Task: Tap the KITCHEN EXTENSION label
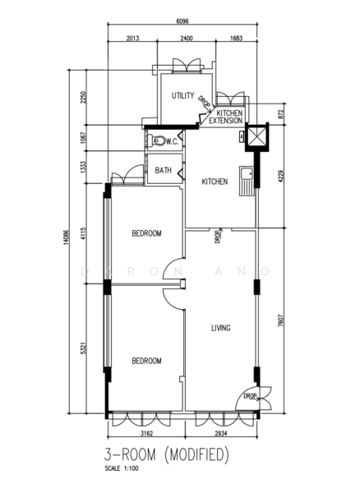224,117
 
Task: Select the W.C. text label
173,141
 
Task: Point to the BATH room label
164,171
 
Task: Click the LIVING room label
220,328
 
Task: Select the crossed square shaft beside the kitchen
256,136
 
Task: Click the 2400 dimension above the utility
187,39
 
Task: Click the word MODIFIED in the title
195,454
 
